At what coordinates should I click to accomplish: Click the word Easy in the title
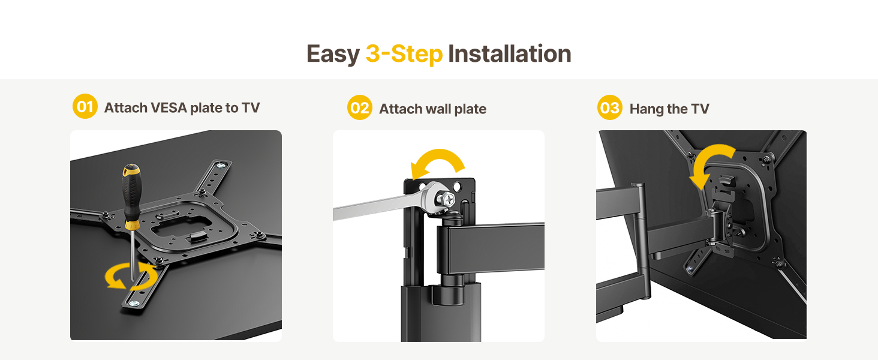(x=333, y=54)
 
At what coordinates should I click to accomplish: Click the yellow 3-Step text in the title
(x=404, y=54)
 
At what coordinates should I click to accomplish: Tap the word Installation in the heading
(x=509, y=54)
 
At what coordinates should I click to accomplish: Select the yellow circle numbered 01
(x=85, y=106)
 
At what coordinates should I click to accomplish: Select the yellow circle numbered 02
(x=359, y=107)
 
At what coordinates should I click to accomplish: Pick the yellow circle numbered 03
(x=609, y=107)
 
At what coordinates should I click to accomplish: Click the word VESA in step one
(x=169, y=108)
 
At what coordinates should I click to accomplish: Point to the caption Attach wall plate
(x=433, y=109)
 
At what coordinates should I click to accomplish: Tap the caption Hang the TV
(x=669, y=109)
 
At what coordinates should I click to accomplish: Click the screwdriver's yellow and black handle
(x=131, y=196)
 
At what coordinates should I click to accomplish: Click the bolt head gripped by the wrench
(x=446, y=200)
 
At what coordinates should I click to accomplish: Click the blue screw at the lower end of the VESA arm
(x=134, y=303)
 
